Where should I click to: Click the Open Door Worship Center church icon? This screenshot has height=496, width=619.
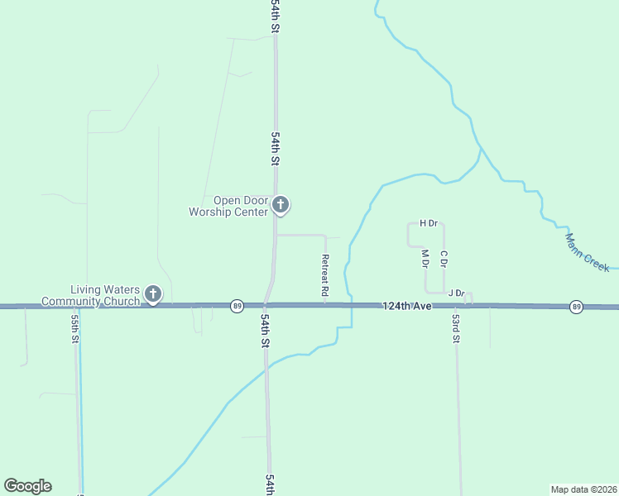click(x=281, y=204)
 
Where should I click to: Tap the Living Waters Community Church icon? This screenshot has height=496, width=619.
click(x=153, y=293)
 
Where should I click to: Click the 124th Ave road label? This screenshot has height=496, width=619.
click(x=407, y=306)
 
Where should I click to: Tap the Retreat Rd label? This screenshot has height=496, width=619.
click(x=325, y=275)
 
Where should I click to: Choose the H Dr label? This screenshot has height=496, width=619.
click(x=428, y=223)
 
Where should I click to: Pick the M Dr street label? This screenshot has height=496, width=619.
click(x=425, y=258)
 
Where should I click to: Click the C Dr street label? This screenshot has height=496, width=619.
click(x=444, y=258)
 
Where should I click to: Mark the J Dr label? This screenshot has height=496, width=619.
click(x=456, y=293)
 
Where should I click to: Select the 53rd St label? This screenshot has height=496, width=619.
click(x=456, y=328)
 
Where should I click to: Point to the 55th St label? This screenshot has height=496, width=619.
click(x=74, y=328)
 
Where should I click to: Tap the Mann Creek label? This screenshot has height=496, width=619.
click(x=588, y=252)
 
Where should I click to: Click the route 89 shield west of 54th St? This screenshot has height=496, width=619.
click(x=238, y=306)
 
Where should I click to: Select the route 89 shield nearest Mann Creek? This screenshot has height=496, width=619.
click(x=576, y=307)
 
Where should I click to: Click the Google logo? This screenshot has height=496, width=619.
click(x=27, y=486)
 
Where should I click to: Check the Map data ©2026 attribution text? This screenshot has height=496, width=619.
click(x=583, y=489)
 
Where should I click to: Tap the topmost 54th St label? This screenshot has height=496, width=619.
click(x=276, y=17)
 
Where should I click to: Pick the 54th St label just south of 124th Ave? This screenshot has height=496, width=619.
click(x=265, y=329)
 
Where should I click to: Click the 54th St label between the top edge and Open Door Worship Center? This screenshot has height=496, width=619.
click(x=275, y=147)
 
